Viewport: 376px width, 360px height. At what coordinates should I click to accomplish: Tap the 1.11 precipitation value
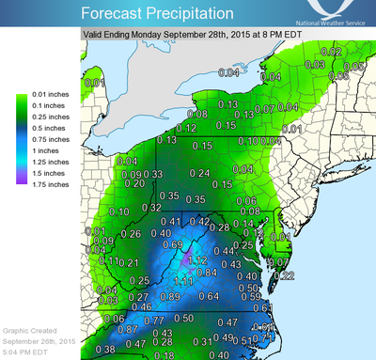point(183,281)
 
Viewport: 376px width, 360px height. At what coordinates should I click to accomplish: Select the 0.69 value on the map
point(173,245)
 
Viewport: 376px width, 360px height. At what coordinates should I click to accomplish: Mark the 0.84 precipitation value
point(207,273)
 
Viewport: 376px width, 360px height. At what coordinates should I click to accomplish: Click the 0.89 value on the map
point(170,297)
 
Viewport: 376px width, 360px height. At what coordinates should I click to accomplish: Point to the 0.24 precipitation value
point(199,174)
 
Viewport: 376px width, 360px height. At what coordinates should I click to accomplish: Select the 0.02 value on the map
point(330,51)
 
